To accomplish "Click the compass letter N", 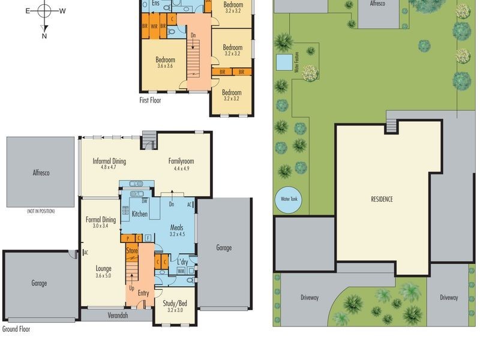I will point(44,36).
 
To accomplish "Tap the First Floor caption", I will point(150,100).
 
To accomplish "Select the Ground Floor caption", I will point(16,329).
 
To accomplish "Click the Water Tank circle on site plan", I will point(286,200).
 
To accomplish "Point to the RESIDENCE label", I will point(381,199).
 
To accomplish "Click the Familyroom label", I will point(181,161).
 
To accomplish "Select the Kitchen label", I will point(140,214).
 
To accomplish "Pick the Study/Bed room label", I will point(175,304).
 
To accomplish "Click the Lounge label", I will point(103,268).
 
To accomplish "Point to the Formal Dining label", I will point(100,220).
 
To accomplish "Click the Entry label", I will point(143,293).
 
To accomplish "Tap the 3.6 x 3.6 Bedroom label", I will point(165,60).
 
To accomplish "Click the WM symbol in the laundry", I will point(181,271).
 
